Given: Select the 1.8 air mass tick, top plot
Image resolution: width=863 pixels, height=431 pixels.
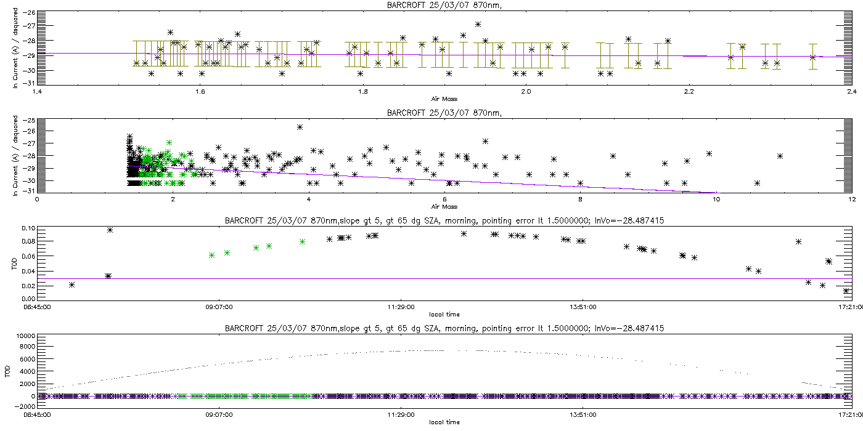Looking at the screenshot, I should [x=363, y=92].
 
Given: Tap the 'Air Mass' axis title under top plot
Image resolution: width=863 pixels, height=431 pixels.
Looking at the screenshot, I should [x=444, y=99].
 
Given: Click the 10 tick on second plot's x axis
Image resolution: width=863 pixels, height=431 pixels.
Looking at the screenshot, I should [x=716, y=199].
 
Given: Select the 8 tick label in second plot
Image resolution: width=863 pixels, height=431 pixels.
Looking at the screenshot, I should [x=580, y=199].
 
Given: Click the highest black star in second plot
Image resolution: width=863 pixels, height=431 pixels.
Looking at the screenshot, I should [x=300, y=127].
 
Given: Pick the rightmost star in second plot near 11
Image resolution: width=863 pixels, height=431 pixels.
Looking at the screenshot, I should [x=780, y=156].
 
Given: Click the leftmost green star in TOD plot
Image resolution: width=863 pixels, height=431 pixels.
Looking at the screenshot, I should [x=211, y=255].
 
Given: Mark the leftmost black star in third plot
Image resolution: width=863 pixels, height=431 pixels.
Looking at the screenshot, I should [x=72, y=284].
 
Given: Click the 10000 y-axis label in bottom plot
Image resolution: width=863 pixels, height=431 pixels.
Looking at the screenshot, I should [x=25, y=337].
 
